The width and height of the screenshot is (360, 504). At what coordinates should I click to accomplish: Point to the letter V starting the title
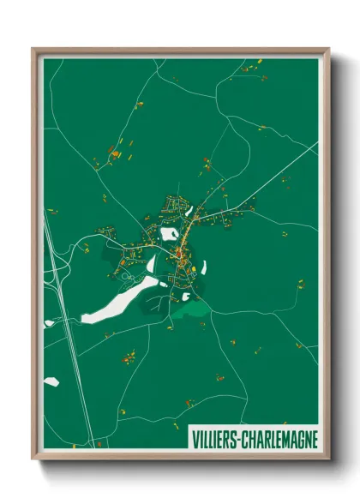(191, 439)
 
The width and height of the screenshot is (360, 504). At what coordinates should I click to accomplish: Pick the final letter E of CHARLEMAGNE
(314, 439)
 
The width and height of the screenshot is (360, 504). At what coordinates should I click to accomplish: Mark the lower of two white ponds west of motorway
(51, 381)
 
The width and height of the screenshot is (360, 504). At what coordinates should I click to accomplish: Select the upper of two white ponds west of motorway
(49, 323)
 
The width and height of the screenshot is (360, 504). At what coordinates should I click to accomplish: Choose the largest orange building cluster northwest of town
(113, 154)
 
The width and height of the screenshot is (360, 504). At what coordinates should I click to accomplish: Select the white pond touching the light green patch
(185, 297)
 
